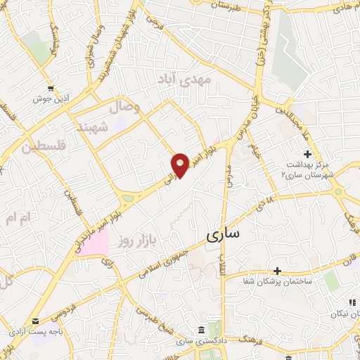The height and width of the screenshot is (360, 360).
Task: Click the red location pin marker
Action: pyautogui.click(x=181, y=165)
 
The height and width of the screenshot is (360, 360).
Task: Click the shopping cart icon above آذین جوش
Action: pyautogui.click(x=48, y=88)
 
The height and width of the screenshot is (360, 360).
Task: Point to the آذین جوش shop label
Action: pyautogui.click(x=48, y=98)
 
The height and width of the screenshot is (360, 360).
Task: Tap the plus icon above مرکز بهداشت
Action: pyautogui.click(x=307, y=154)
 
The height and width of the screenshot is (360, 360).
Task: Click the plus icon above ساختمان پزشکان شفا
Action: pyautogui.click(x=278, y=270)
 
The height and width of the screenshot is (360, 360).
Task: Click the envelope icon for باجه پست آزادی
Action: pyautogui.click(x=36, y=321)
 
